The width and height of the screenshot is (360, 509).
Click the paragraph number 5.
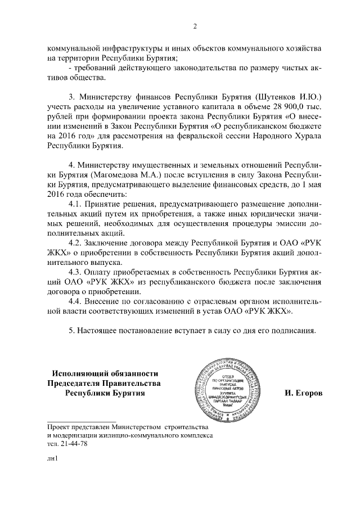pyautogui.click(x=71, y=330)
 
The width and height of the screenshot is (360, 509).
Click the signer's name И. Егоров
pyautogui.click(x=304, y=393)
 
